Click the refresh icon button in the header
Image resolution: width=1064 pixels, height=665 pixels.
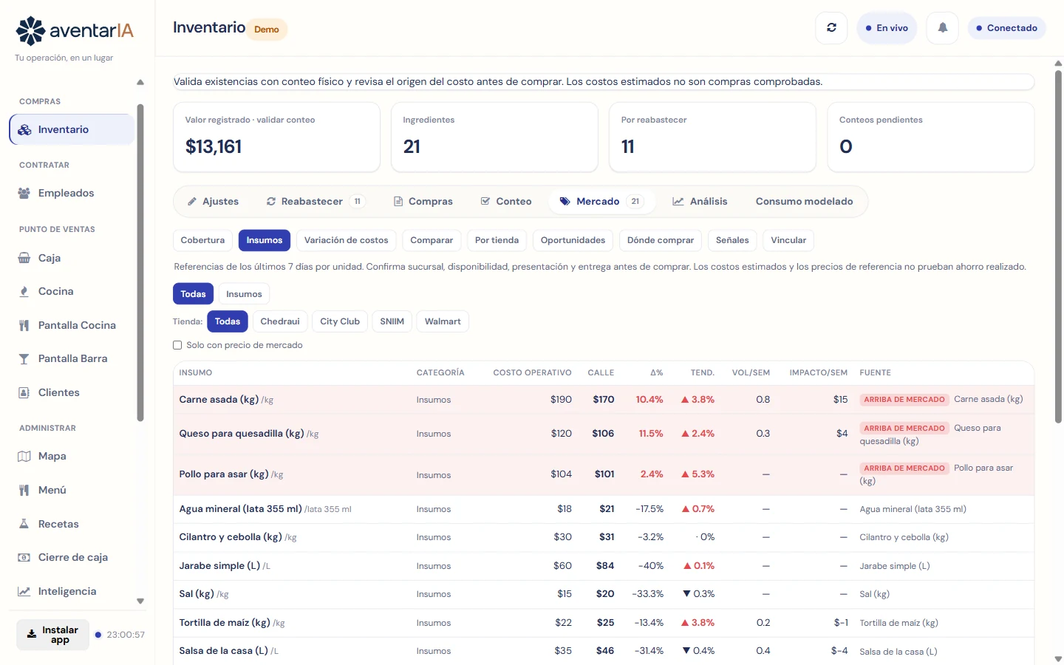point(831,28)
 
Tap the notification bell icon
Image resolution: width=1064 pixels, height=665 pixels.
point(942,28)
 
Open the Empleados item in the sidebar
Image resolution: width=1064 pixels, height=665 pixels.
point(66,193)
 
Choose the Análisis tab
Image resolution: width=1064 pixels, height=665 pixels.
point(700,202)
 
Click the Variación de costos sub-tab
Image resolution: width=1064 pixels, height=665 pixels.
point(346,240)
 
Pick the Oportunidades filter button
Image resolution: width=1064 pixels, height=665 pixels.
point(573,240)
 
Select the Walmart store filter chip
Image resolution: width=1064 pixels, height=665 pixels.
point(443,321)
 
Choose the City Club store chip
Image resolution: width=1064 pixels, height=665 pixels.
point(340,321)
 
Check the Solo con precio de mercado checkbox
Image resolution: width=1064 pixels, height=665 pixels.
point(177,345)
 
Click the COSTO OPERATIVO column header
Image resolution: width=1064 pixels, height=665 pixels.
point(532,373)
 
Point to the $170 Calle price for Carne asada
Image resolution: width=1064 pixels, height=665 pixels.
point(603,400)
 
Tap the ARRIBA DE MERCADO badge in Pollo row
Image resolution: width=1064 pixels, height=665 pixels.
point(904,468)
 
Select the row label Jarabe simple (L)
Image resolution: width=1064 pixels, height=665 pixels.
point(219,566)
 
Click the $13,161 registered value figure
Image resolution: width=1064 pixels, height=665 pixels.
point(214,147)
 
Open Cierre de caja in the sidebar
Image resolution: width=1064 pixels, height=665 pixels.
point(72,557)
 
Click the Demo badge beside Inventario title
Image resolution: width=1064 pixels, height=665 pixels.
point(267,30)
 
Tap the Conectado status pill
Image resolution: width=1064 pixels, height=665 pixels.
point(1006,28)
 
